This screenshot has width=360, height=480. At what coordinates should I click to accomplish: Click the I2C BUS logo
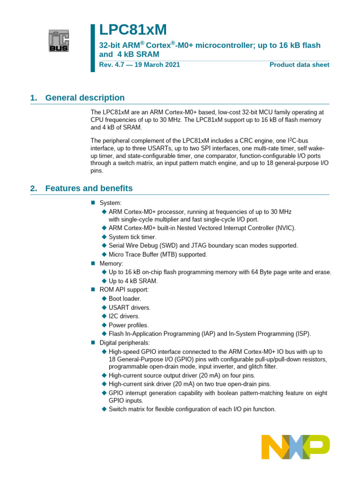pos(59,41)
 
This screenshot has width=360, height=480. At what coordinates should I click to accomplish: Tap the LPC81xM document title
pos(133,30)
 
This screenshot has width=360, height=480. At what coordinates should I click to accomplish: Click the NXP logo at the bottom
pos(295,447)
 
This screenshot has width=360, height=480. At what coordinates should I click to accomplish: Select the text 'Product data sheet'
pos(299,65)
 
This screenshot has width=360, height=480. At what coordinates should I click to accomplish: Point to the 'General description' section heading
pos(85,97)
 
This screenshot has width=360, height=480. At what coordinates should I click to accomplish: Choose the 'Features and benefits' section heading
pos(89,188)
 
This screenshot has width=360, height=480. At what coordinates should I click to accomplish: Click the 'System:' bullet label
pos(111,203)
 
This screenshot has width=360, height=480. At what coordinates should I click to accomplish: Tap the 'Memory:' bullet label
pos(112,263)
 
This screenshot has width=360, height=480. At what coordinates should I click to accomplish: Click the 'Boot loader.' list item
pos(125,299)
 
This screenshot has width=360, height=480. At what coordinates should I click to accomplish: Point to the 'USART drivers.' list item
pos(130,307)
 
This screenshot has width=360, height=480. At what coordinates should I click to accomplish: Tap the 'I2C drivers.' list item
pos(124,316)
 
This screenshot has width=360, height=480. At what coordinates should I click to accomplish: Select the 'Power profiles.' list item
pos(128,325)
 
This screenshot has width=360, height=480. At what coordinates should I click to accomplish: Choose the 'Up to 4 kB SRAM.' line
pos(133,281)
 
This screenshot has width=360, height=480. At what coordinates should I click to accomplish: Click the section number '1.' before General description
pos(33,97)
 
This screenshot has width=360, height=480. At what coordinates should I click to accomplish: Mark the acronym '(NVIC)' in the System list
pos(285,228)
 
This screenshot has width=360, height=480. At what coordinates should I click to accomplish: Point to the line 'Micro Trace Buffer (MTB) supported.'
pos(157,255)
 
